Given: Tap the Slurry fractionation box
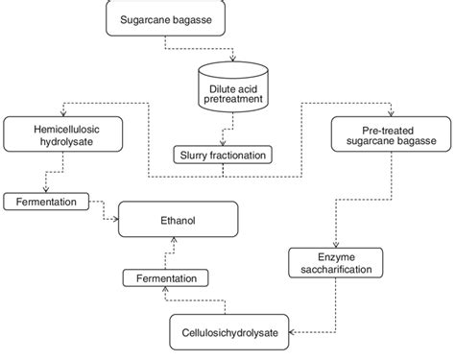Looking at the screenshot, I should point(223,153).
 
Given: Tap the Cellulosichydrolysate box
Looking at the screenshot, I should point(231,331).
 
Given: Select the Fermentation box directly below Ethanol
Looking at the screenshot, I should point(169,278).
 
